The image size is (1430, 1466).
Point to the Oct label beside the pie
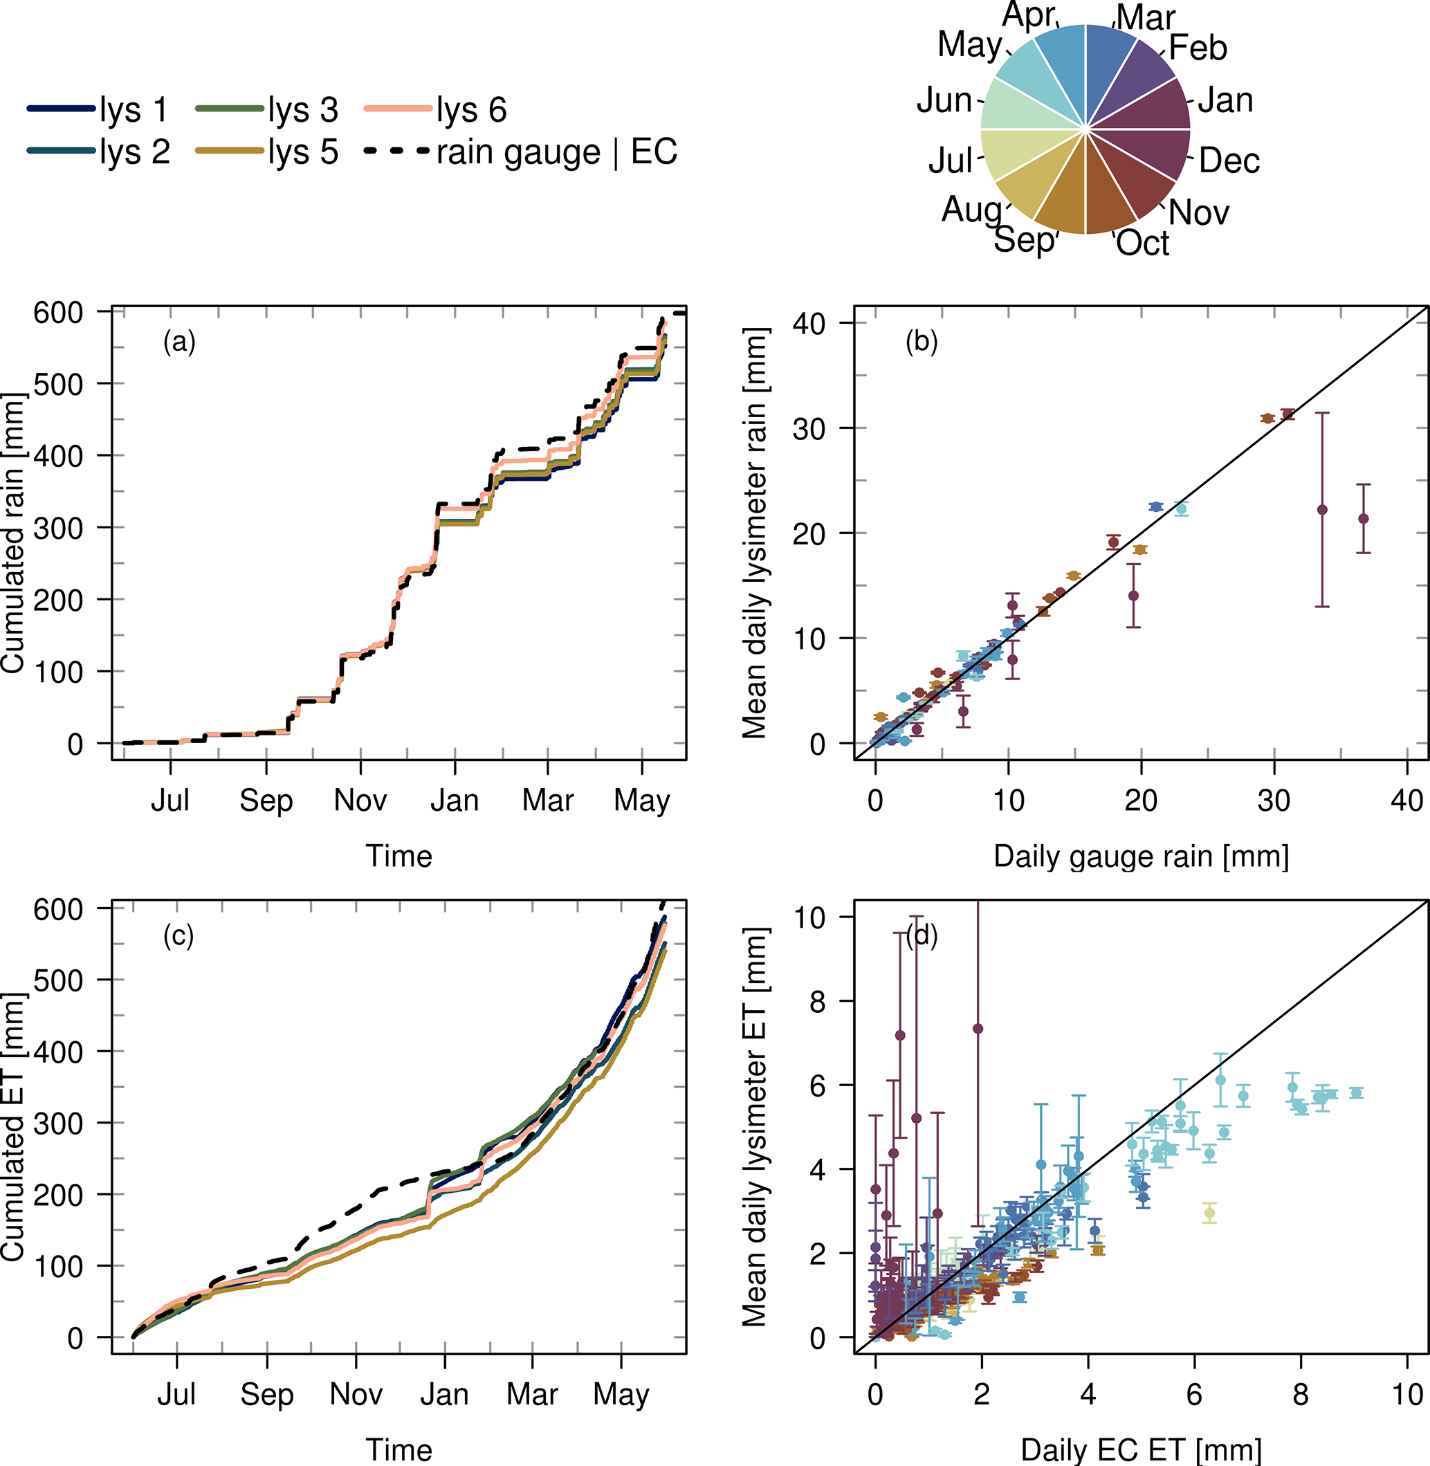click(x=1142, y=244)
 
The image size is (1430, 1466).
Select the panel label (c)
click(x=178, y=936)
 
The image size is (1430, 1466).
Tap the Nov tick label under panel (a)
click(x=360, y=800)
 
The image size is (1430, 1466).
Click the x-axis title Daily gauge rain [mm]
click(x=1141, y=857)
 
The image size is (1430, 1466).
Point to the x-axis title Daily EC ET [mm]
click(x=1141, y=1450)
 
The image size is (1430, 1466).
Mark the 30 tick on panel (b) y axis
click(x=809, y=429)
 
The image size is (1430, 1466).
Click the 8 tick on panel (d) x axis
click(x=1300, y=1395)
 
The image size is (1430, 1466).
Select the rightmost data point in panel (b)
click(x=1363, y=519)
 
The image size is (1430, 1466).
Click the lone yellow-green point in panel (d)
click(x=1209, y=1213)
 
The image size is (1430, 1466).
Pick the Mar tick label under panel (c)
click(x=532, y=1395)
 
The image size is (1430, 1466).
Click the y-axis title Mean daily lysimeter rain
click(x=755, y=533)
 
